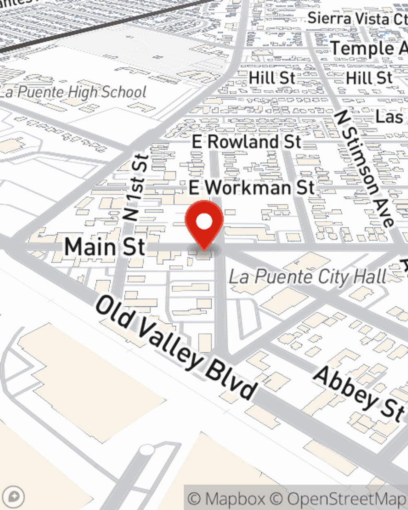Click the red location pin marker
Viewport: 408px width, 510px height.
point(204,224)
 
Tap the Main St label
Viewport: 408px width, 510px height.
point(105,247)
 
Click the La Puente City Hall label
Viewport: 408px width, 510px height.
point(307,277)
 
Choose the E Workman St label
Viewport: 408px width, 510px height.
point(252,188)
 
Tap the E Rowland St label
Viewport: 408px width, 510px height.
point(246,142)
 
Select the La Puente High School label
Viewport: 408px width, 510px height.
point(73,92)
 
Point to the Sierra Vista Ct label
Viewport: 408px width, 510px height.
point(357,19)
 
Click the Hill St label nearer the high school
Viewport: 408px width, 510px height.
point(272,78)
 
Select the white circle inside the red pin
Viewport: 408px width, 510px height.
point(204,222)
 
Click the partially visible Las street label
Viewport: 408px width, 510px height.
point(389,117)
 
